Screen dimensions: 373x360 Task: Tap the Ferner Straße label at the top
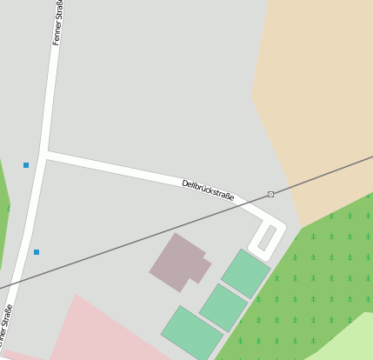click(58, 23)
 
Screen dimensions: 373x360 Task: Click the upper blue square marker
click(26, 164)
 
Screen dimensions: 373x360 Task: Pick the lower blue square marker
click(37, 252)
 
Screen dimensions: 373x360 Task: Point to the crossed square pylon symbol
click(271, 194)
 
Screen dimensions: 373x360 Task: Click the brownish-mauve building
click(177, 262)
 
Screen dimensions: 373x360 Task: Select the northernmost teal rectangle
click(246, 273)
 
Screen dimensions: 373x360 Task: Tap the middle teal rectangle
click(223, 307)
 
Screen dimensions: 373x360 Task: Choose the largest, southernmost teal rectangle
click(192, 332)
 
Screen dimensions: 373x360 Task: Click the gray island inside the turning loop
click(267, 237)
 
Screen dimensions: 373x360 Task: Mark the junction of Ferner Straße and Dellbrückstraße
click(43, 154)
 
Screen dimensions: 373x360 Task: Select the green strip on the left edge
click(3, 209)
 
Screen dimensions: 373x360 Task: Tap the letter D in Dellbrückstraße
click(185, 183)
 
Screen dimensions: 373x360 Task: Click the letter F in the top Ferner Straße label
click(56, 41)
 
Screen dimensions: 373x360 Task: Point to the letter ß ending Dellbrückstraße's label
click(227, 197)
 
